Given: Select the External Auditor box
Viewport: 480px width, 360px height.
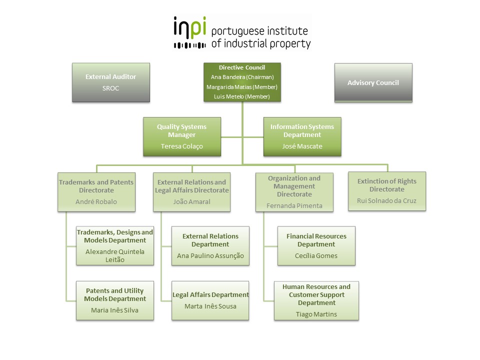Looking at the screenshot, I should click(110, 82).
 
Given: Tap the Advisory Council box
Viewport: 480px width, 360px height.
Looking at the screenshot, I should click(373, 82).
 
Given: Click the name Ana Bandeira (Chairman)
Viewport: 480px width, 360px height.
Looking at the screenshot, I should click(242, 77).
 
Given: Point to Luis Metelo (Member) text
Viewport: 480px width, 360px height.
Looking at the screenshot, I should click(242, 96).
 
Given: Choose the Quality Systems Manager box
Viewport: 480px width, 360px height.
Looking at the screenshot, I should click(181, 136).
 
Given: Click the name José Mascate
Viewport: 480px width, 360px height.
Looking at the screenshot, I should click(302, 146).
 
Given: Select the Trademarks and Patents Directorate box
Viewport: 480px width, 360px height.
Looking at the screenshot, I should click(96, 192).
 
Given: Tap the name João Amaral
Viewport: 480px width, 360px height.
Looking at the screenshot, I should click(191, 202).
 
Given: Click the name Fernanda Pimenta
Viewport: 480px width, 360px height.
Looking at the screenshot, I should click(294, 205).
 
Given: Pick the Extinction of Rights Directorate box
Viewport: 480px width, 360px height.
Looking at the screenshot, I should click(386, 191).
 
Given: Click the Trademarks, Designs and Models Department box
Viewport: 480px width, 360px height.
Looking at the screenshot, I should click(114, 245).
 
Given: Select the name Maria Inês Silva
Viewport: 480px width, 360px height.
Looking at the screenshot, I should click(114, 310).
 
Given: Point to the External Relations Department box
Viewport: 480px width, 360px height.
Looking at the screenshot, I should click(210, 245).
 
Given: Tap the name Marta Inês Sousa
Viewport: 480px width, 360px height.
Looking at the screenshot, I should click(210, 306).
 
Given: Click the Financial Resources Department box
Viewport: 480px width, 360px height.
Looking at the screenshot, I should click(316, 245).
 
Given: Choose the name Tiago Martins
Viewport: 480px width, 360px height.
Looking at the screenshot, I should click(316, 314).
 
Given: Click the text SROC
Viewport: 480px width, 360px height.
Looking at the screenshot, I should click(110, 88).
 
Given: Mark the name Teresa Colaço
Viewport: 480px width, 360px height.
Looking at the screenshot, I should click(181, 146).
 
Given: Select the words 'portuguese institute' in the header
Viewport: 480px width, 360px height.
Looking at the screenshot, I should click(260, 31).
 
